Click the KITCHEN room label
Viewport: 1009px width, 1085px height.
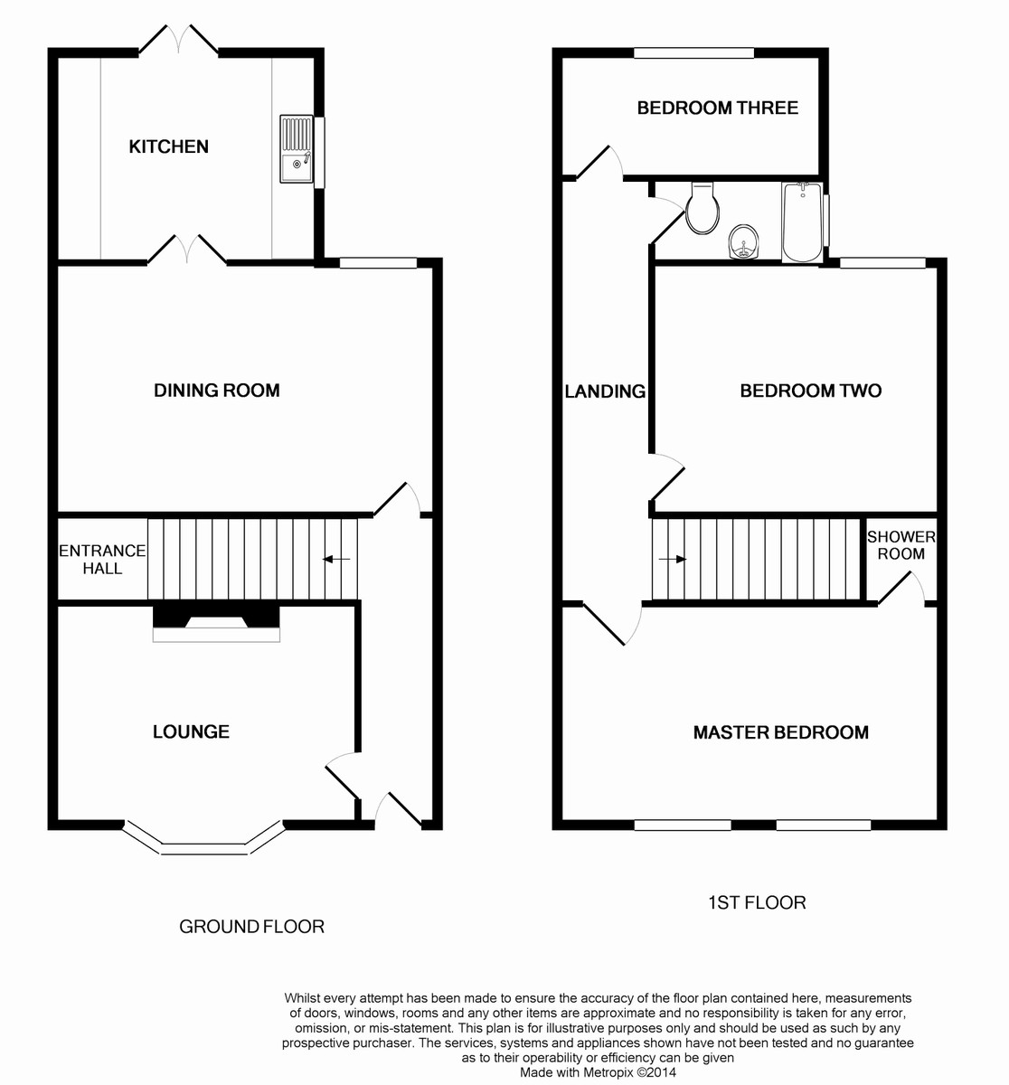click(168, 146)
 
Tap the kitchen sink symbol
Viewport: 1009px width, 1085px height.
click(296, 149)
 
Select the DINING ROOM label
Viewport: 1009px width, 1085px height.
click(216, 391)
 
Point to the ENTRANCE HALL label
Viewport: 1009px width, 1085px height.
click(102, 560)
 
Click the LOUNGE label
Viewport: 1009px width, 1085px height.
click(191, 731)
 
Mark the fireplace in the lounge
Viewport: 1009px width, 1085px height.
click(216, 623)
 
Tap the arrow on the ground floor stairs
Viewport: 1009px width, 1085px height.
click(336, 560)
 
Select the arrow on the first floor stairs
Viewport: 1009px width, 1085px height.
click(673, 559)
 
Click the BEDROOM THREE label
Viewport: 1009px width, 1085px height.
click(717, 108)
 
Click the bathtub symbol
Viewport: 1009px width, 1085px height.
click(802, 222)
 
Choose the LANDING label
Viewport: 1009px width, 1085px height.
click(605, 392)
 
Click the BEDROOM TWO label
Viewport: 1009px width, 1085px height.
click(810, 391)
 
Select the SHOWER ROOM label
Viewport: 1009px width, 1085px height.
click(901, 545)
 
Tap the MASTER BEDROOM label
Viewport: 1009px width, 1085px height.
click(780, 732)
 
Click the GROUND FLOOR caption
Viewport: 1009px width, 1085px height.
click(251, 926)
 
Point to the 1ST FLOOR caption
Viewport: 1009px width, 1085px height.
click(756, 902)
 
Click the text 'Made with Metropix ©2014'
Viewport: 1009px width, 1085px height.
click(598, 1072)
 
